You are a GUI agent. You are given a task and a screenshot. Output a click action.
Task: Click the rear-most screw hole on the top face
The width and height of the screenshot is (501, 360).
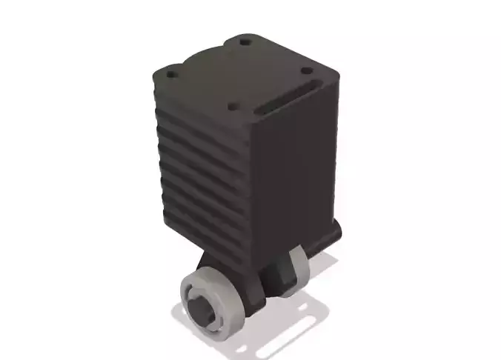(x=245, y=42)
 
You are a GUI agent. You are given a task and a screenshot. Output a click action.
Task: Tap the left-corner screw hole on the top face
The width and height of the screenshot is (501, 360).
(x=171, y=75)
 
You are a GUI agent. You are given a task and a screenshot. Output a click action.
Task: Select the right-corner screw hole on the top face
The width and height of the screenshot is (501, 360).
(x=306, y=72)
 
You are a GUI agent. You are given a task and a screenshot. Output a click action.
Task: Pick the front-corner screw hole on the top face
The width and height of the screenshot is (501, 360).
(x=233, y=107)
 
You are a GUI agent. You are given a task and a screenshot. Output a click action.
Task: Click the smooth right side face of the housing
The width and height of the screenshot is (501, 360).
(x=296, y=170)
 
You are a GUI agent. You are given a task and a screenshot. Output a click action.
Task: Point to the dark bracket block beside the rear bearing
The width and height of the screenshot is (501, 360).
(x=278, y=276)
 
